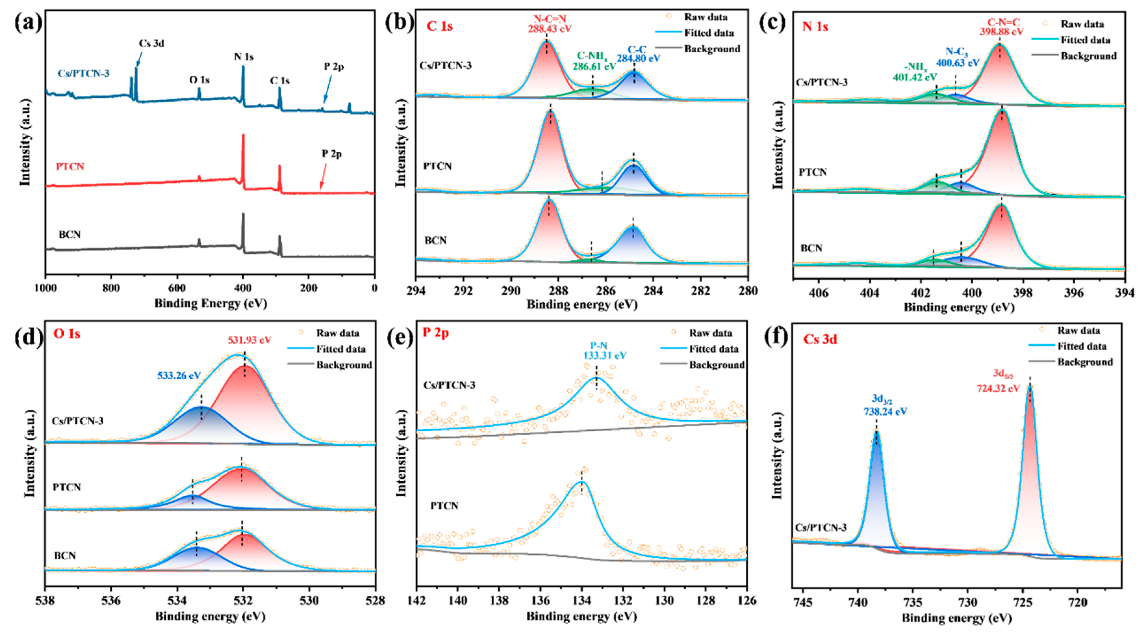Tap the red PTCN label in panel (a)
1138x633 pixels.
click(x=70, y=167)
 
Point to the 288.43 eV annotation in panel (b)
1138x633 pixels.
click(x=549, y=29)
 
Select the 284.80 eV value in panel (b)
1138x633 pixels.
click(x=639, y=58)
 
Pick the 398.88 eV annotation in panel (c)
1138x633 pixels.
click(x=1000, y=32)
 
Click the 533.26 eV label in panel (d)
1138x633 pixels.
click(x=179, y=376)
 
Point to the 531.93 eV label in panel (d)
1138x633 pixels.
click(x=249, y=340)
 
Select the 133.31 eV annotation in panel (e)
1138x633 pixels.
click(x=604, y=355)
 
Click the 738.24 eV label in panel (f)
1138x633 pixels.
click(x=885, y=411)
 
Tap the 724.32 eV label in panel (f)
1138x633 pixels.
click(x=998, y=388)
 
